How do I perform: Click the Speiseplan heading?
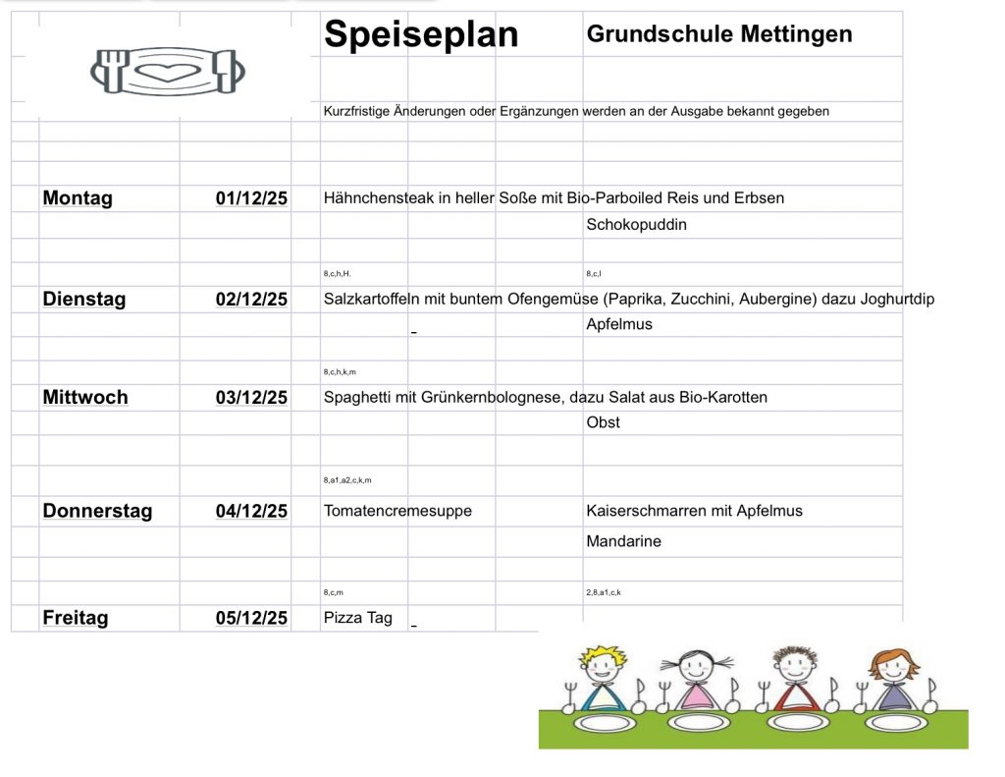tap(421, 35)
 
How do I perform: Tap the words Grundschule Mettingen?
tap(718, 34)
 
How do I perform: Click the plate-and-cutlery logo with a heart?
tap(167, 71)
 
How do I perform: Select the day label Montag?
tap(78, 198)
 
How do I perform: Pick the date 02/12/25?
tap(251, 299)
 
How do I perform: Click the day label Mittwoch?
tap(85, 398)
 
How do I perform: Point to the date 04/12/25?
tap(251, 511)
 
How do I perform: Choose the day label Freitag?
tap(76, 618)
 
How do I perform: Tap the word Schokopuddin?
tap(636, 225)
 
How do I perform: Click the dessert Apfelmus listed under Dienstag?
tap(618, 324)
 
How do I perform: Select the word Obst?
tap(603, 422)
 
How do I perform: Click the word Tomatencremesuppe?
tap(397, 511)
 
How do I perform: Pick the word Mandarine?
tap(623, 541)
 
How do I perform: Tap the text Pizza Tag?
tap(357, 618)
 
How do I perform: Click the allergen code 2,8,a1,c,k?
tap(603, 593)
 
